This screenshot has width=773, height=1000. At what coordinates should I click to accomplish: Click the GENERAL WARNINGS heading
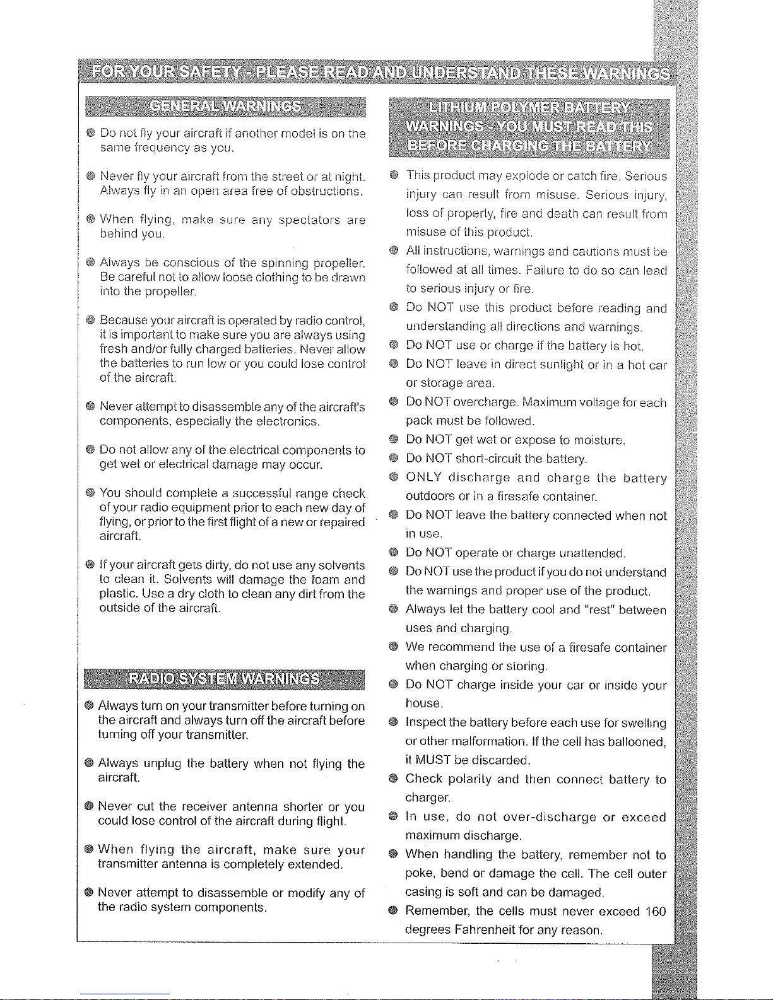pyautogui.click(x=225, y=105)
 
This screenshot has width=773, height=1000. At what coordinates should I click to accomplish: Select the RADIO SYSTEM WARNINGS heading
pyautogui.click(x=224, y=679)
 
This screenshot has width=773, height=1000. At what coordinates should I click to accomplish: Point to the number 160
pyautogui.click(x=654, y=911)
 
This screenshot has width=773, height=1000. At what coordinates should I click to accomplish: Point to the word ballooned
pyautogui.click(x=636, y=741)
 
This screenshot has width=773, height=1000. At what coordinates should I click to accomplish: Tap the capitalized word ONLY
pyautogui.click(x=427, y=478)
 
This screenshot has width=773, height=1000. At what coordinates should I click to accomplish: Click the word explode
pyautogui.click(x=521, y=175)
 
